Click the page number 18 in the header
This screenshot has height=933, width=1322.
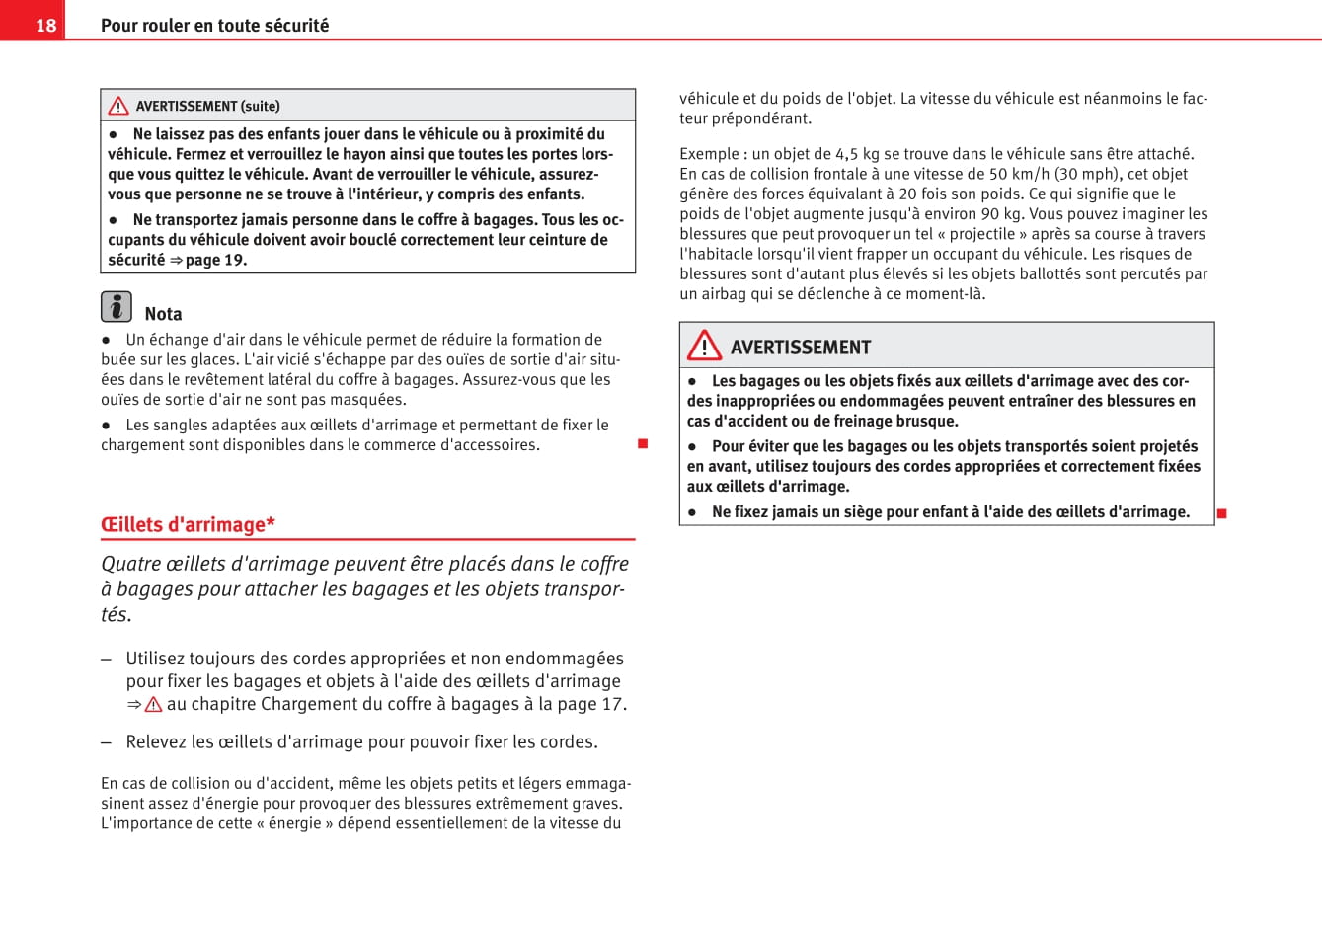(45, 25)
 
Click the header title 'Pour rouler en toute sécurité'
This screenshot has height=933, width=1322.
(214, 25)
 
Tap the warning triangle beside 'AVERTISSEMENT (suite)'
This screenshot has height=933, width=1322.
(118, 106)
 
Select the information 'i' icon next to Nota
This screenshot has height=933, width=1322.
(117, 307)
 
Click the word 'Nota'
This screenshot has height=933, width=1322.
(163, 314)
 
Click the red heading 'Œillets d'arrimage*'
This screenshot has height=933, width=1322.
(188, 524)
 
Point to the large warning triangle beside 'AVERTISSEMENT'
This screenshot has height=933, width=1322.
(704, 345)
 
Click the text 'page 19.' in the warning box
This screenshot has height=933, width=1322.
(216, 260)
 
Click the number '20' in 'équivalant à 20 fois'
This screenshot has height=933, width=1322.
(907, 194)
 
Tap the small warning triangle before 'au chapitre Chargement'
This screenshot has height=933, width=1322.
(153, 705)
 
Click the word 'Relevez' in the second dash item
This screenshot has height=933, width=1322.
(156, 741)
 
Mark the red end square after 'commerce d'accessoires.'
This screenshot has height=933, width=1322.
(643, 444)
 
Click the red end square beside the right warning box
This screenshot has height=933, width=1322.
(1221, 513)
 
